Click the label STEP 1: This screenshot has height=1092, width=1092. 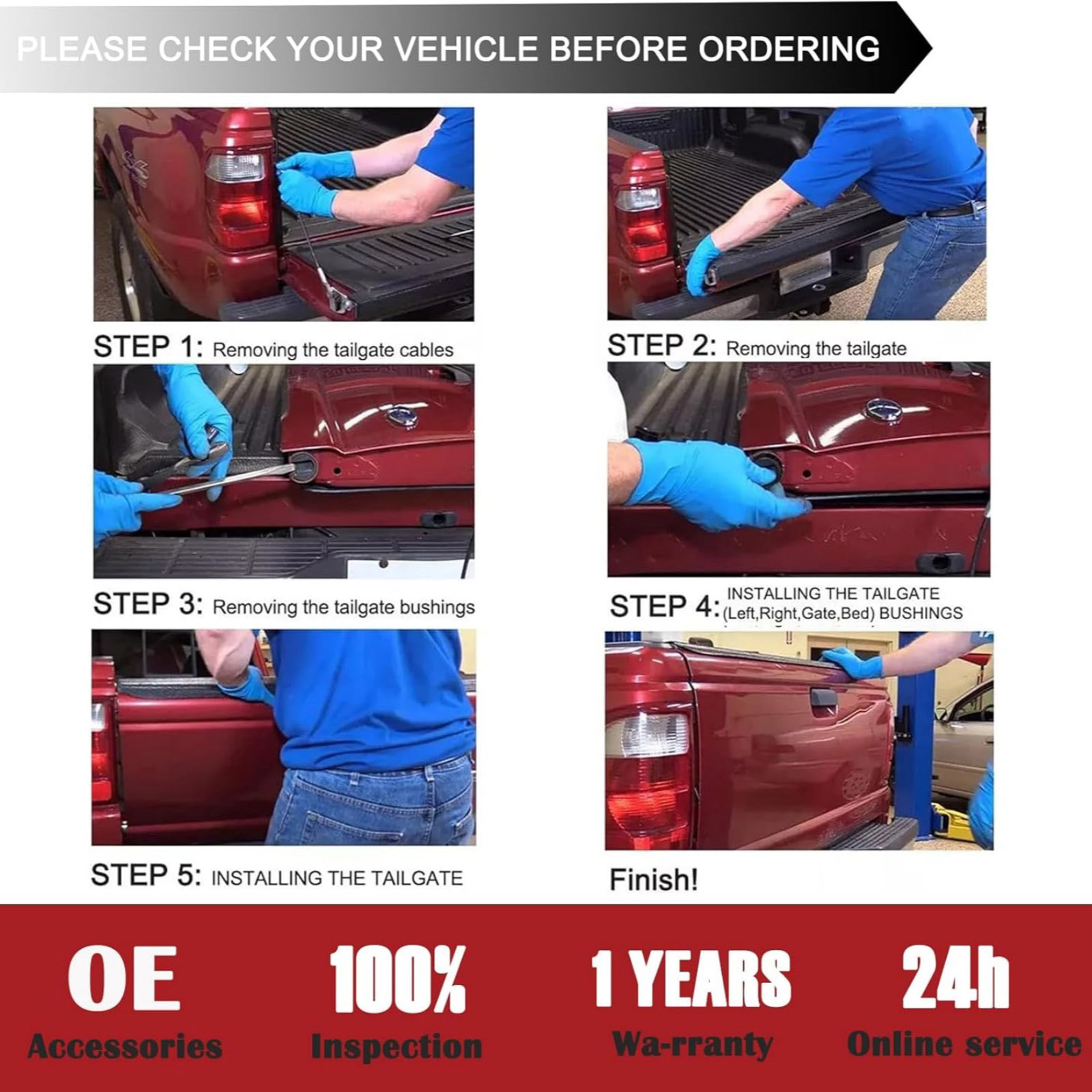click(x=148, y=347)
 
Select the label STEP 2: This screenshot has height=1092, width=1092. click(x=662, y=345)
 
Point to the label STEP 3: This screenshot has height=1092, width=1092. click(x=148, y=604)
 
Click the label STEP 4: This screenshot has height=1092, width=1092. click(x=665, y=606)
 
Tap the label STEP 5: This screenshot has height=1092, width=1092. click(x=146, y=875)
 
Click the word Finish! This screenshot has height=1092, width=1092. click(x=654, y=880)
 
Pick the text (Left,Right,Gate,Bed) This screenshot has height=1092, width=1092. click(x=799, y=614)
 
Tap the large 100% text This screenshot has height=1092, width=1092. click(x=398, y=979)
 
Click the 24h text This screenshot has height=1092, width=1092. click(x=955, y=977)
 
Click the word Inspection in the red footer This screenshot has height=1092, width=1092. click(x=397, y=1046)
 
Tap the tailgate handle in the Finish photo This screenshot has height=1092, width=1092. click(x=822, y=698)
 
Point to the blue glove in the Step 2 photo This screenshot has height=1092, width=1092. click(x=703, y=263)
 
